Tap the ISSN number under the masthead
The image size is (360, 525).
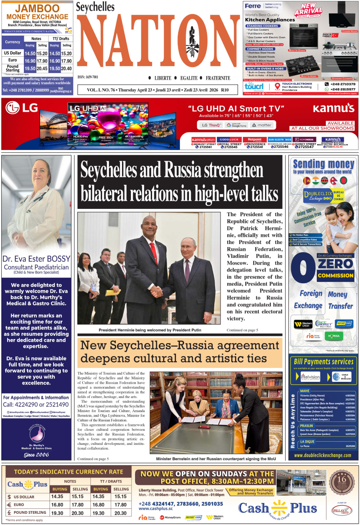(x=88, y=77)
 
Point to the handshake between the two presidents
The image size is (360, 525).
(x=157, y=292)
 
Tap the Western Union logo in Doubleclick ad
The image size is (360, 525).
(x=303, y=324)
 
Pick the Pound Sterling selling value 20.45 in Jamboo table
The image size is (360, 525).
(x=42, y=69)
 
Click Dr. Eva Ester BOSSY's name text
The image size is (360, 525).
(x=36, y=258)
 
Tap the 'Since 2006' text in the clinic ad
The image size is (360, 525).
(x=36, y=455)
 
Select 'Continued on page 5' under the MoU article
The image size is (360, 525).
(x=93, y=458)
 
